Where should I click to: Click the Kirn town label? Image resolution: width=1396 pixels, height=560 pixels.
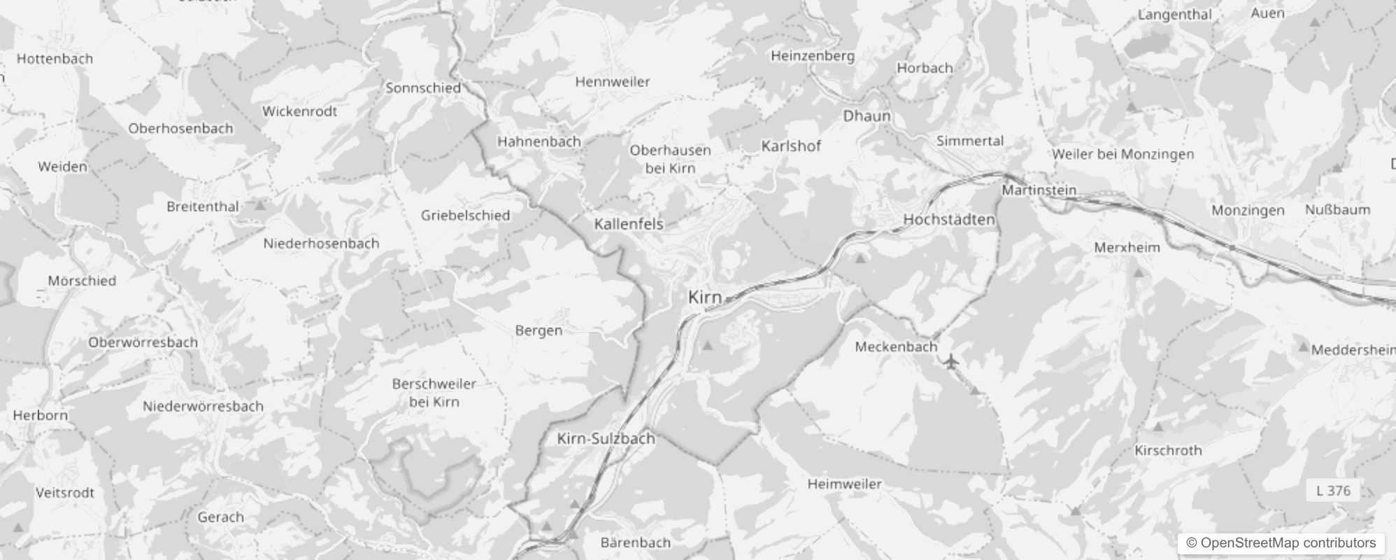[704, 297]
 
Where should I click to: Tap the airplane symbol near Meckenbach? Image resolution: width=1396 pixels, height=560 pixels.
[950, 362]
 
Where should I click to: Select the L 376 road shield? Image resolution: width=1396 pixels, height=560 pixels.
[1333, 491]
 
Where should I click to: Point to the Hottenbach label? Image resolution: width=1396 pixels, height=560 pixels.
[55, 59]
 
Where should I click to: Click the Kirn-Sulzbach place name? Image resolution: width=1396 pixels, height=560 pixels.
[606, 439]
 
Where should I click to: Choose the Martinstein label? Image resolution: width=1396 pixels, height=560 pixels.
[1039, 190]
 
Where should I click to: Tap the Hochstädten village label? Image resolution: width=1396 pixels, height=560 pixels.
[949, 220]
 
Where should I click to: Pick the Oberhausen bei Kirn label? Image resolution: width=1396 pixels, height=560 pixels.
[670, 159]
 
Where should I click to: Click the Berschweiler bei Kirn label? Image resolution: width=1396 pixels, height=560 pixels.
[434, 393]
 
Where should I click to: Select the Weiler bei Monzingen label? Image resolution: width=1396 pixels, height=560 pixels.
[1123, 154]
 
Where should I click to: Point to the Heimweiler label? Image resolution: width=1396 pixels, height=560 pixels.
[844, 484]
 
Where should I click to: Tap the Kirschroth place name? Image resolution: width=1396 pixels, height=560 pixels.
[1168, 451]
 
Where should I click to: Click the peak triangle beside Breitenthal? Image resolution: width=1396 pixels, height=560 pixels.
[261, 206]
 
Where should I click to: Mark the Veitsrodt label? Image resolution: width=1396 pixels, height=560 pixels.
[65, 493]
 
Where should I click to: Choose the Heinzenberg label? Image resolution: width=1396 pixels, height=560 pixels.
[813, 56]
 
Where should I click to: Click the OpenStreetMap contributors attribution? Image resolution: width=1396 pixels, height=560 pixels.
[1281, 543]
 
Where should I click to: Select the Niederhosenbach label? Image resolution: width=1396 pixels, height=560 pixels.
[321, 244]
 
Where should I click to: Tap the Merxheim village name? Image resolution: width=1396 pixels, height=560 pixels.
[1127, 248]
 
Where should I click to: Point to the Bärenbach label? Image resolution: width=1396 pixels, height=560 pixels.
[635, 542]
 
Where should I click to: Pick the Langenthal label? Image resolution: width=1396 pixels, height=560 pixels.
[1174, 15]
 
